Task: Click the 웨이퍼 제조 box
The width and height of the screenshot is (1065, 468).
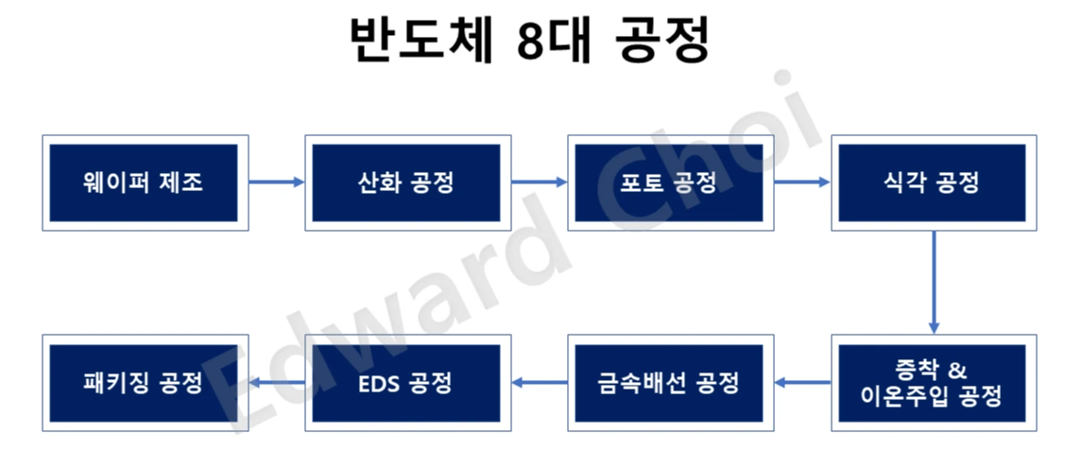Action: pyautogui.click(x=145, y=182)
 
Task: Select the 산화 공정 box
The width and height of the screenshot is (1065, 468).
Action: pyautogui.click(x=407, y=182)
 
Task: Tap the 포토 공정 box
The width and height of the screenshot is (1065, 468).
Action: pyautogui.click(x=670, y=182)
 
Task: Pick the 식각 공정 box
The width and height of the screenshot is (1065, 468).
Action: pyautogui.click(x=933, y=182)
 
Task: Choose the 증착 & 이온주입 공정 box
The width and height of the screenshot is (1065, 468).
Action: pyautogui.click(x=933, y=383)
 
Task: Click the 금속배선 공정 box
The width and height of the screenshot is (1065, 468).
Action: pyautogui.click(x=670, y=383)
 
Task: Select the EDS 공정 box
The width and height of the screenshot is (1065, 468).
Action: pyautogui.click(x=407, y=383)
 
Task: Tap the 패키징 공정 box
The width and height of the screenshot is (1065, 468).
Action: pyautogui.click(x=145, y=383)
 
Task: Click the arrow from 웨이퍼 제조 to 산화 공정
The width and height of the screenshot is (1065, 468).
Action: pyautogui.click(x=276, y=182)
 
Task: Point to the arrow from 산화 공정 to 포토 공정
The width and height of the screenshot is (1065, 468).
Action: pyautogui.click(x=539, y=182)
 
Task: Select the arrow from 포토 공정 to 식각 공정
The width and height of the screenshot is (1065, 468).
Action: pyautogui.click(x=801, y=182)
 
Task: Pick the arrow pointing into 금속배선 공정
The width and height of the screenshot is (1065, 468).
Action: pyautogui.click(x=801, y=383)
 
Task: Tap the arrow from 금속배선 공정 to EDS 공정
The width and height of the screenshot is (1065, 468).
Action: pyautogui.click(x=539, y=383)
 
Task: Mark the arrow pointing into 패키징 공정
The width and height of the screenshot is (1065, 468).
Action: pyautogui.click(x=276, y=383)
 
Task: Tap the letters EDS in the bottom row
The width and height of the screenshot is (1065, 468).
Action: pyautogui.click(x=379, y=383)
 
